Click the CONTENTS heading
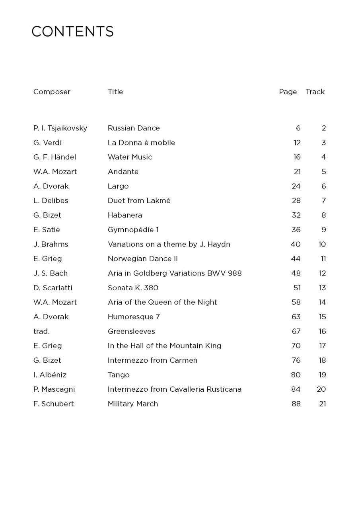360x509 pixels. (x=72, y=31)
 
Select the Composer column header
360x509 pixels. (x=52, y=92)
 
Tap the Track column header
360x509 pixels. (x=315, y=92)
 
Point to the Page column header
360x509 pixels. (x=288, y=92)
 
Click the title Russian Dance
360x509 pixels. (x=134, y=128)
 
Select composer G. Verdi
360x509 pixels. (x=47, y=143)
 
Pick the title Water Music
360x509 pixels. (x=130, y=157)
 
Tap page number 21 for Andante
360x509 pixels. (x=297, y=172)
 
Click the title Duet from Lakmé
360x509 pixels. (x=139, y=201)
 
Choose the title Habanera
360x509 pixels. (x=125, y=215)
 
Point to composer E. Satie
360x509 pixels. (x=47, y=230)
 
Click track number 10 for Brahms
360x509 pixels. (x=322, y=244)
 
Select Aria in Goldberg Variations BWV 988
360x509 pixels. (x=175, y=273)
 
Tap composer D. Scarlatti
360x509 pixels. (x=53, y=288)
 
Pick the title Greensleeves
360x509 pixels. (x=131, y=331)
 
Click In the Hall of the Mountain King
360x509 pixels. (x=164, y=346)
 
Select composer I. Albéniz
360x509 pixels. (x=50, y=375)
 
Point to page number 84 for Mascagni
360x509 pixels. (x=296, y=389)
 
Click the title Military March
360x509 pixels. (x=133, y=404)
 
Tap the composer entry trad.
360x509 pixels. (x=41, y=331)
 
